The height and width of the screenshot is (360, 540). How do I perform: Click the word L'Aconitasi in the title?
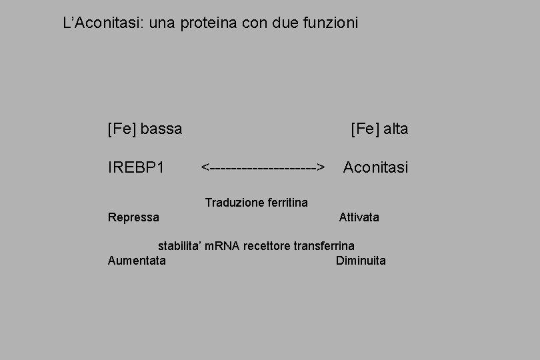click(95, 23)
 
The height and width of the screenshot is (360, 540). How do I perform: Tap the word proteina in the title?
click(209, 23)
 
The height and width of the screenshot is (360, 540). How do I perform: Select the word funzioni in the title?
click(328, 23)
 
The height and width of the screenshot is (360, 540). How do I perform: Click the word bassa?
click(161, 129)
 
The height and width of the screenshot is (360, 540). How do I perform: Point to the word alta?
click(395, 129)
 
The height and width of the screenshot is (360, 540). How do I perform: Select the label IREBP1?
click(136, 167)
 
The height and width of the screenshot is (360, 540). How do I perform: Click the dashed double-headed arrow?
click(263, 167)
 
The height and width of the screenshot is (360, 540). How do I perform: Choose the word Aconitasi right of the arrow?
click(375, 167)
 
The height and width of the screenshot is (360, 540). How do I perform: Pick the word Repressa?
click(133, 217)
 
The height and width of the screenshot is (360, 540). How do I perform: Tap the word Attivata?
click(359, 217)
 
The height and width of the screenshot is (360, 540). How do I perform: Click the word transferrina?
click(324, 246)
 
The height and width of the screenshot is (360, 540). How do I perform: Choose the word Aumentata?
click(137, 261)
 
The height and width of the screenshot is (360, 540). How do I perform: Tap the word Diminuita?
click(361, 261)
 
